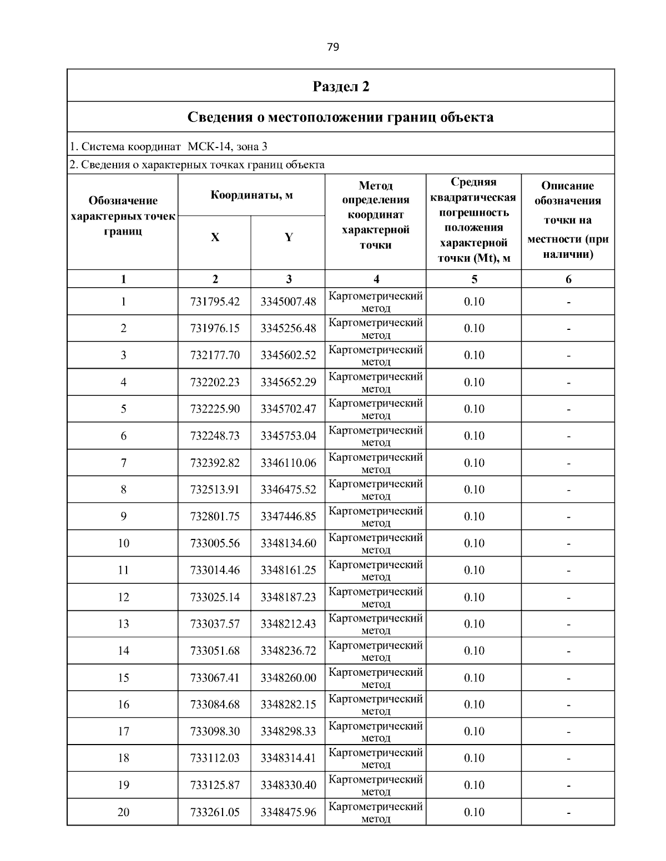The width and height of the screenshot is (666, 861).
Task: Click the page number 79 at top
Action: (x=333, y=47)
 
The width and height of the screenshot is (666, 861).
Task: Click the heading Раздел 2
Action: (x=341, y=86)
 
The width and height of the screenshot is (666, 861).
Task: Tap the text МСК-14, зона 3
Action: (x=228, y=147)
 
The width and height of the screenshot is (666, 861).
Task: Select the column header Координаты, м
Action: (x=251, y=195)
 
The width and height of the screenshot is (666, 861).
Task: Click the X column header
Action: (x=215, y=237)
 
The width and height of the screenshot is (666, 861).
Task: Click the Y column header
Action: (x=289, y=237)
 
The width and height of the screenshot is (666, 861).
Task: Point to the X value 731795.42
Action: (x=215, y=302)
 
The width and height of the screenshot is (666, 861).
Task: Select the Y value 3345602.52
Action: (x=288, y=355)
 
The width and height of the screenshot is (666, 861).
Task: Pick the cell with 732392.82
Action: (x=215, y=463)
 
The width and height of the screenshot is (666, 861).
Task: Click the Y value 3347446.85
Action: (x=288, y=517)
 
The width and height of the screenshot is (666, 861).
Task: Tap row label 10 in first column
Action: (x=123, y=543)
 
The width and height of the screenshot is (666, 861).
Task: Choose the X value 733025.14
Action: (x=215, y=597)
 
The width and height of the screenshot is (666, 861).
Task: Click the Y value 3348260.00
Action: (x=288, y=678)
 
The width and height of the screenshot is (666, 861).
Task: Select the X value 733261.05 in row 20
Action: (x=215, y=812)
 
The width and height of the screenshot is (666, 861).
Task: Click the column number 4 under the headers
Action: (x=376, y=279)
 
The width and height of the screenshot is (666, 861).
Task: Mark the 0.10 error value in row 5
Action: (x=474, y=409)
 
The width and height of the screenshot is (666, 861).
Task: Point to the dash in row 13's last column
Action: (x=568, y=625)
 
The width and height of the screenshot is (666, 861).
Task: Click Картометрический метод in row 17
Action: (x=376, y=731)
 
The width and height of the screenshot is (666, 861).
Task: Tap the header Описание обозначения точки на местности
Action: (x=568, y=220)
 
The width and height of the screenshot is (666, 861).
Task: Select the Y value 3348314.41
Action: (x=288, y=758)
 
